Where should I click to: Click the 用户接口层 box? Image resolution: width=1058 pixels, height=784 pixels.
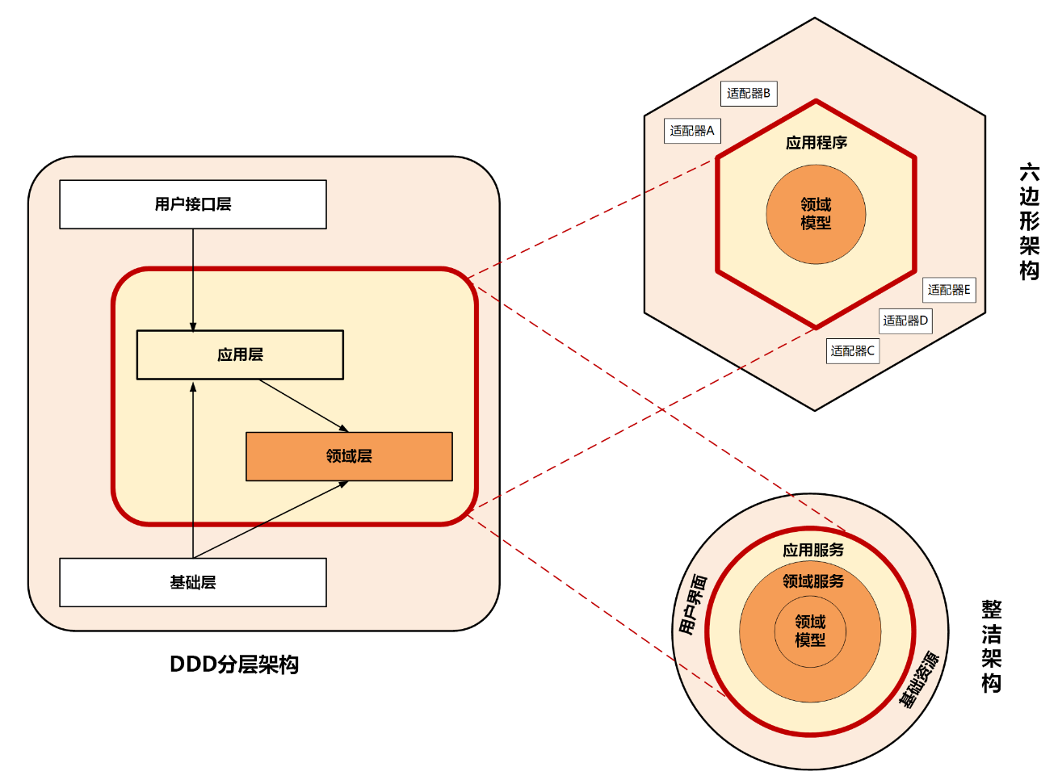pyautogui.click(x=193, y=204)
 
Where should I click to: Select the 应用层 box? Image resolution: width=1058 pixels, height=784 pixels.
pyautogui.click(x=240, y=354)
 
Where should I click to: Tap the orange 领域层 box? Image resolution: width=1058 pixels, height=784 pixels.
pyautogui.click(x=349, y=456)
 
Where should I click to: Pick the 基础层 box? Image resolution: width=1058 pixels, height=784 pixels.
pyautogui.click(x=193, y=582)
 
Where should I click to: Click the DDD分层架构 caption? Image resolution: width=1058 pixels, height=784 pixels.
pyautogui.click(x=234, y=665)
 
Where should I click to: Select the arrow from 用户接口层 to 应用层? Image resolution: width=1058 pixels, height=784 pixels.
pyautogui.click(x=193, y=279)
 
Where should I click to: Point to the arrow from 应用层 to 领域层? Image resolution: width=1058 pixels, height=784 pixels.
pyautogui.click(x=303, y=405)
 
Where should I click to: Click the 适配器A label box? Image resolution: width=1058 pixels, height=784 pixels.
pyautogui.click(x=692, y=131)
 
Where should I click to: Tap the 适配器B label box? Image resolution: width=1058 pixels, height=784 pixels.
pyautogui.click(x=749, y=94)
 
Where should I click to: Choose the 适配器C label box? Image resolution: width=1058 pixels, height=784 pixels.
pyautogui.click(x=852, y=351)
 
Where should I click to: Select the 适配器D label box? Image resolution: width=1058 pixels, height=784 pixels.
pyautogui.click(x=905, y=321)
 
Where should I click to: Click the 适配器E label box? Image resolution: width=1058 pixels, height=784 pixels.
pyautogui.click(x=949, y=290)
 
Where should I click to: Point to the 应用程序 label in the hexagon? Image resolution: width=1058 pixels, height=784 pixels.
pyautogui.click(x=816, y=143)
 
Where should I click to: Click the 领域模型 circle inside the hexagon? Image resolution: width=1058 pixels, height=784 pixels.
pyautogui.click(x=816, y=214)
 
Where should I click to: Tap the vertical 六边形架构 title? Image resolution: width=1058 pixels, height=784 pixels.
pyautogui.click(x=1029, y=221)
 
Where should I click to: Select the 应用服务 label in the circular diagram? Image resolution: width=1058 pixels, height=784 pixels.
pyautogui.click(x=812, y=550)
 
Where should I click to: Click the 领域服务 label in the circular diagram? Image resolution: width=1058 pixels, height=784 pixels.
pyautogui.click(x=812, y=581)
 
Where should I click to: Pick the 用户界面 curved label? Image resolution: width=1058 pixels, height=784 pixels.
pyautogui.click(x=692, y=604)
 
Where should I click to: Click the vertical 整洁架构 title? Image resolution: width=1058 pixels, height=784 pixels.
pyautogui.click(x=991, y=646)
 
